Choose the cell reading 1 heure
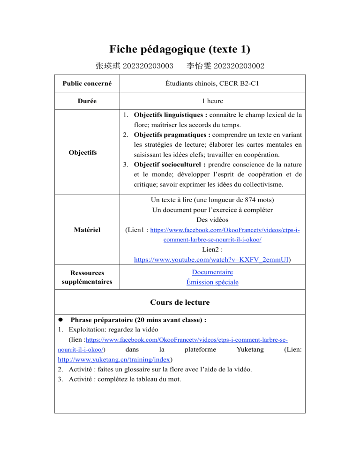(x=212, y=100)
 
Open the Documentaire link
(x=212, y=272)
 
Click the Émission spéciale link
(x=212, y=282)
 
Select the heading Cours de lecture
(x=180, y=302)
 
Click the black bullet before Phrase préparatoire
(x=61, y=320)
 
